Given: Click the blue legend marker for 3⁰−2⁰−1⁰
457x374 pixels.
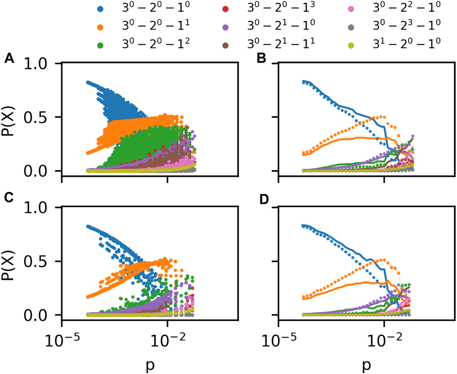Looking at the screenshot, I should coord(101,9).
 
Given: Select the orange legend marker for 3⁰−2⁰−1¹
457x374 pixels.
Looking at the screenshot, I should coord(101,27).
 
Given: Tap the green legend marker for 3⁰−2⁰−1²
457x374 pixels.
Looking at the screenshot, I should coord(101,45).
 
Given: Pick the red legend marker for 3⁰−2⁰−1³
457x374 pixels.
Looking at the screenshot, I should coord(226,9).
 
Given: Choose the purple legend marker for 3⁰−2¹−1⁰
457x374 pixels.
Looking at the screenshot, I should coord(226,27).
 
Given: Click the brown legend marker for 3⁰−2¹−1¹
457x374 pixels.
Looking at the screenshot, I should coord(226,45).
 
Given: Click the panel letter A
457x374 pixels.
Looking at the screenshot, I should coord(9,59).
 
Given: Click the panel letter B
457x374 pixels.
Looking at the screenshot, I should coord(261,59).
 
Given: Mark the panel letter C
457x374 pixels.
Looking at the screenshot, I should coord(9,197).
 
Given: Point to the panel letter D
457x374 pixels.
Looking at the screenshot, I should coord(264,200).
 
